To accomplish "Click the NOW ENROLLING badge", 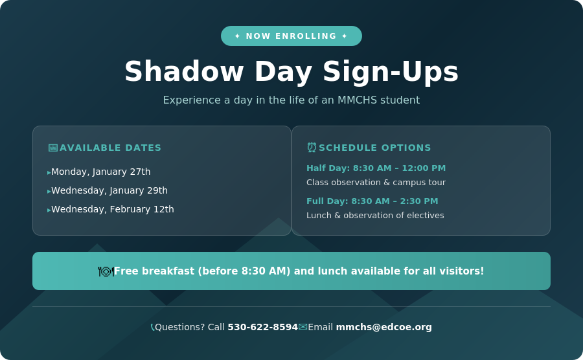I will click(291, 36).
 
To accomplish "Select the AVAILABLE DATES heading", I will click(110, 148).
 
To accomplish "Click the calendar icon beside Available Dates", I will click(52, 148).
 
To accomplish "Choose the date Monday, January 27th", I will click(101, 172).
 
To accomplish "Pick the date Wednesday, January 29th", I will click(109, 190).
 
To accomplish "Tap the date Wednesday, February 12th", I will click(113, 209).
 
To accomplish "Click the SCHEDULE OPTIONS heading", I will click(374, 148).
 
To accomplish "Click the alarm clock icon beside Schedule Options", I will click(312, 148).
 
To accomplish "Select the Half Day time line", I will click(376, 168).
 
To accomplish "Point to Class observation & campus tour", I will click(376, 183).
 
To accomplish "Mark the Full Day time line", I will click(372, 201).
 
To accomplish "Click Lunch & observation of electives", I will click(375, 216).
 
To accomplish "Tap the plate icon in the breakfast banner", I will click(106, 271).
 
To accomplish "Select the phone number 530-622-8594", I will click(262, 327).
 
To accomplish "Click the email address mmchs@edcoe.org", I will click(383, 327).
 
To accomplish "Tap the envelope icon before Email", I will click(303, 327).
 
